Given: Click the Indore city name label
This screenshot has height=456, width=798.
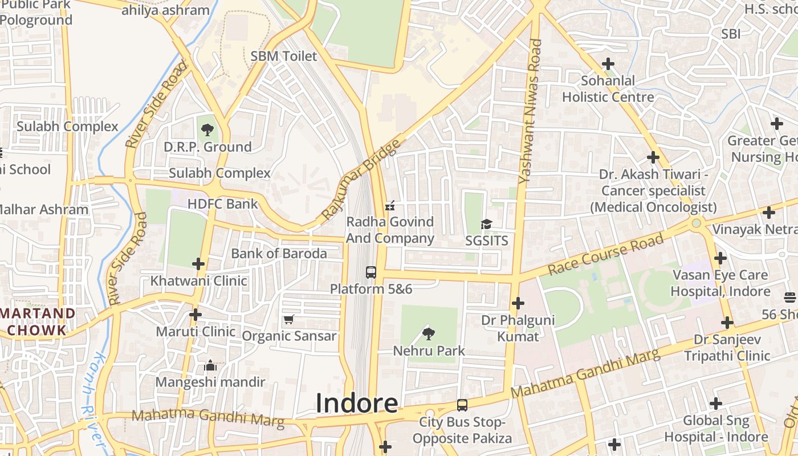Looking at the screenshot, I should coord(357,403).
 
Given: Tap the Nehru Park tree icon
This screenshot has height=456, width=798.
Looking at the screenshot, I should coord(429,333).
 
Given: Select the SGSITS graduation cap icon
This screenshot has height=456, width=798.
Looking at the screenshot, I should coord(486,224).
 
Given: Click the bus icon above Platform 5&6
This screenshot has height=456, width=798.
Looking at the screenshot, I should coord(371,272).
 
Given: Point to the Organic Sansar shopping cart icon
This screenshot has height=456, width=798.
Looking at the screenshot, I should coord(289,319).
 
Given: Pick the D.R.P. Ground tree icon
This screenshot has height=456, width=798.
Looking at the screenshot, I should coord(207,130).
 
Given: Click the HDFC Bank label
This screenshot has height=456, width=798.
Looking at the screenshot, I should coord(223,203).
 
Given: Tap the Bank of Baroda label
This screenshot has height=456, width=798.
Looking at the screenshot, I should coord(279,254).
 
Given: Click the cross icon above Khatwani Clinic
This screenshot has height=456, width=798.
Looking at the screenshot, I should coord(198,264).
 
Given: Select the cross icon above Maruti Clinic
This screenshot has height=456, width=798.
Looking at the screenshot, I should coord(196,314).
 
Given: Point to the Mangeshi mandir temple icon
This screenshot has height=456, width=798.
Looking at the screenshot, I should coord(210,365).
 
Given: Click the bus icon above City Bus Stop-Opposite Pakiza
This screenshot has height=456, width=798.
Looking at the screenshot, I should coord(462,405).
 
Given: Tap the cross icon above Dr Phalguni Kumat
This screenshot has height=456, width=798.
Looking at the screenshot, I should coord(518,303).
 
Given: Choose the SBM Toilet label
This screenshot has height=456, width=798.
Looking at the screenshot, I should coord(283,56).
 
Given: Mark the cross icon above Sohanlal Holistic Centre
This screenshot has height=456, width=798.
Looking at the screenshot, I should coord(608,64).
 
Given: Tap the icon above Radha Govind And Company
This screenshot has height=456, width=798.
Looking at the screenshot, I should coord(390,205).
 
